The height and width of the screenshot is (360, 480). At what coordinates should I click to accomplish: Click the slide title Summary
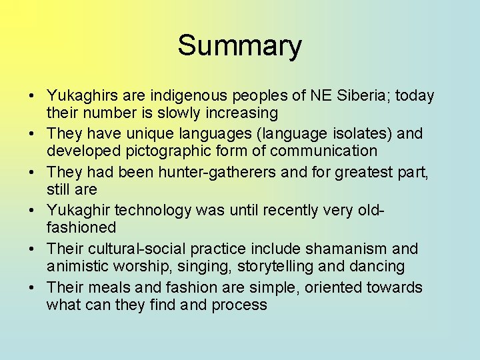point(239,46)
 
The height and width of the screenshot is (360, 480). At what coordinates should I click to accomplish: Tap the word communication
point(319,151)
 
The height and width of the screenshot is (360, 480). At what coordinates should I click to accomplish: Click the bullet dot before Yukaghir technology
point(33,211)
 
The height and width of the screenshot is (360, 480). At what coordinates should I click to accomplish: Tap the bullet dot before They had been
point(33,173)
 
